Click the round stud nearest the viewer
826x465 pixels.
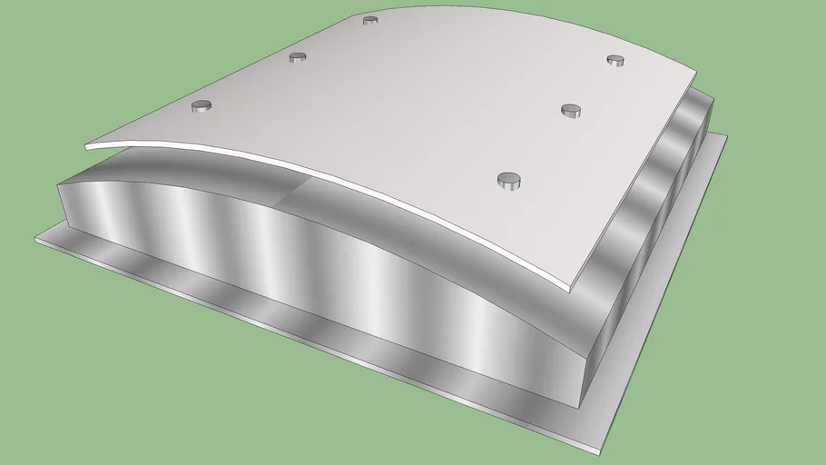pos(509,180)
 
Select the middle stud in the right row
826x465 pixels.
pos(570,111)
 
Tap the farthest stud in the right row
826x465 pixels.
pos(615,61)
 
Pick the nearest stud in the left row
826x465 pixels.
pos(202,106)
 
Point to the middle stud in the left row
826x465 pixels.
pos(298,58)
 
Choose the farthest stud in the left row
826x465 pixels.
pos(369,20)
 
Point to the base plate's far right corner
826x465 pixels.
pos(726,136)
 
